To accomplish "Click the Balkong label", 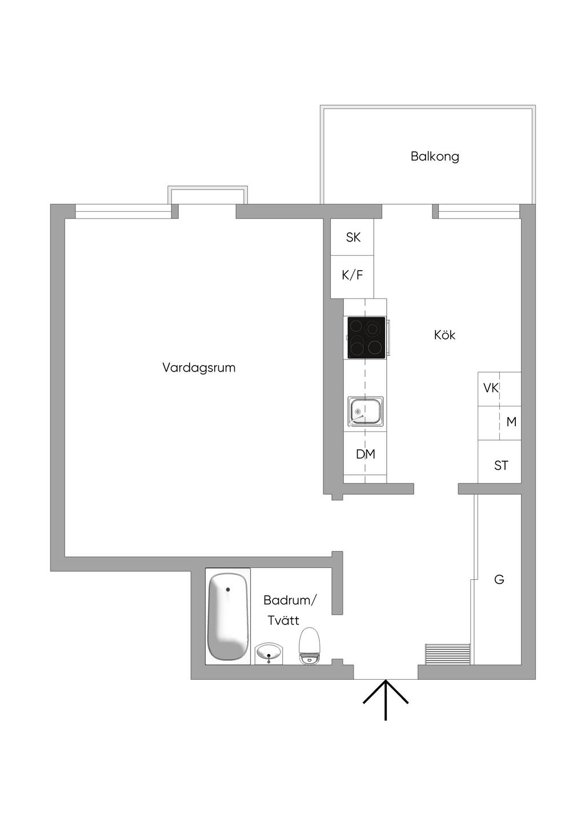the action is pyautogui.click(x=435, y=156).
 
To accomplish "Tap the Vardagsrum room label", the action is pyautogui.click(x=199, y=368).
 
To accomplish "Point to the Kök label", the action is pyautogui.click(x=444, y=335).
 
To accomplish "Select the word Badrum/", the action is pyautogui.click(x=290, y=600).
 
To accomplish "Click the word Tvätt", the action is pyautogui.click(x=283, y=620).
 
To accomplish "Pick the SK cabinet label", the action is pyautogui.click(x=353, y=237).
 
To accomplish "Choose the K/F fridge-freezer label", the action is pyautogui.click(x=352, y=275).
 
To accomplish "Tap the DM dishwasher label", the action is pyautogui.click(x=366, y=454).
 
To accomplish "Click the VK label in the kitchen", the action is pyautogui.click(x=491, y=388).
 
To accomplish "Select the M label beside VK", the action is pyautogui.click(x=511, y=422).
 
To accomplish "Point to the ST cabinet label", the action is pyautogui.click(x=501, y=466).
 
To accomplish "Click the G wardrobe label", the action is pyautogui.click(x=499, y=580).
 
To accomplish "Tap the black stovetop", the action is pyautogui.click(x=366, y=338).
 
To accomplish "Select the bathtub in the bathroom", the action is pyautogui.click(x=227, y=616).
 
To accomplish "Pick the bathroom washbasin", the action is pyautogui.click(x=269, y=653).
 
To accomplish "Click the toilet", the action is pyautogui.click(x=309, y=645).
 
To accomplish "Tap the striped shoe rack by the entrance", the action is pyautogui.click(x=448, y=654).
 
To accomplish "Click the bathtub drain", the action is pyautogui.click(x=228, y=589).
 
